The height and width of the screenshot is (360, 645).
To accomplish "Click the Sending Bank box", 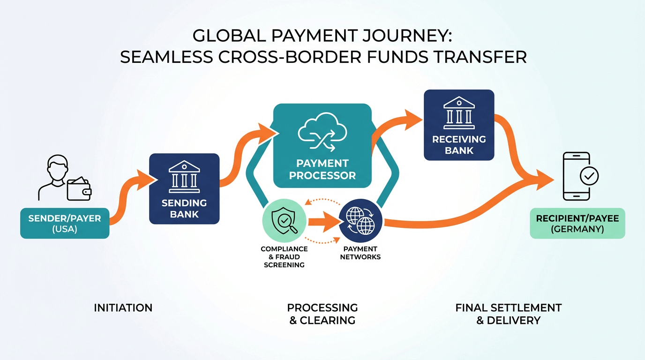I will tap(184, 188).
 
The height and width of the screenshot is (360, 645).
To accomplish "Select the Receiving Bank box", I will tap(459, 125).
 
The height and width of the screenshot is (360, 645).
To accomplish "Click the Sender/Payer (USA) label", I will tap(65, 224).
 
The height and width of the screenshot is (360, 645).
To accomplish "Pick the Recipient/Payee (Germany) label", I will tap(577, 223).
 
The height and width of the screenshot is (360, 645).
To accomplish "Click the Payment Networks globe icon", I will tap(360, 221).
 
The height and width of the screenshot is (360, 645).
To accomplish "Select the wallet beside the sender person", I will tap(79, 189).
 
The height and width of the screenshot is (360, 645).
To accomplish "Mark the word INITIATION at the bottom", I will tap(123, 308).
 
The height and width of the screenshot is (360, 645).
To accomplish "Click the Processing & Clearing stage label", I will tap(322, 314).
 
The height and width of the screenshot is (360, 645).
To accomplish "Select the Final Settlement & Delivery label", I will tap(508, 314).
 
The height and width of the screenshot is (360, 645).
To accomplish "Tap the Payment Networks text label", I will tap(360, 253).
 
